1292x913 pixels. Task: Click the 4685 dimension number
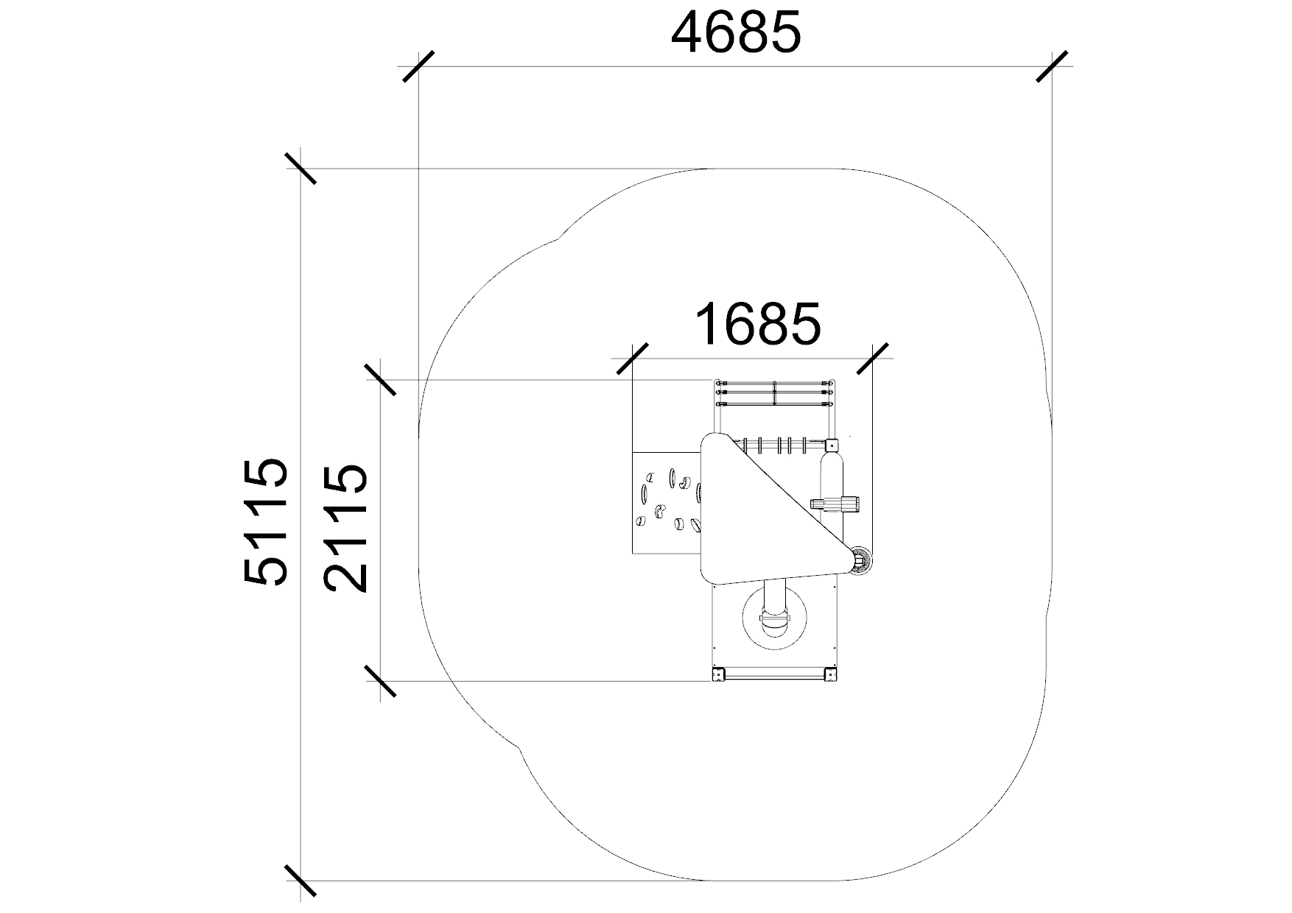[736, 33]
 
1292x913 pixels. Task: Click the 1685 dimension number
[757, 323]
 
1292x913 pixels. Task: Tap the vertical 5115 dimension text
[264, 522]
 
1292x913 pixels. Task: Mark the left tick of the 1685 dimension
[632, 359]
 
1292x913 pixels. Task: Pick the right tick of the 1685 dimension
[872, 359]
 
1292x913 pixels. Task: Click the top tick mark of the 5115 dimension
[301, 168]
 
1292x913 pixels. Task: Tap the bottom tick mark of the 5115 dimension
[301, 881]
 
